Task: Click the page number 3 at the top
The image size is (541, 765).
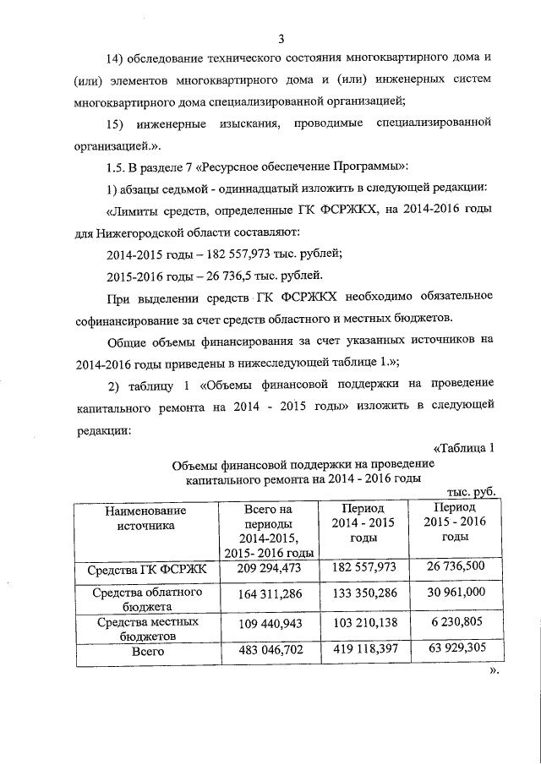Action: (x=281, y=37)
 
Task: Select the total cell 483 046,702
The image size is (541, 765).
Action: (x=267, y=653)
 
